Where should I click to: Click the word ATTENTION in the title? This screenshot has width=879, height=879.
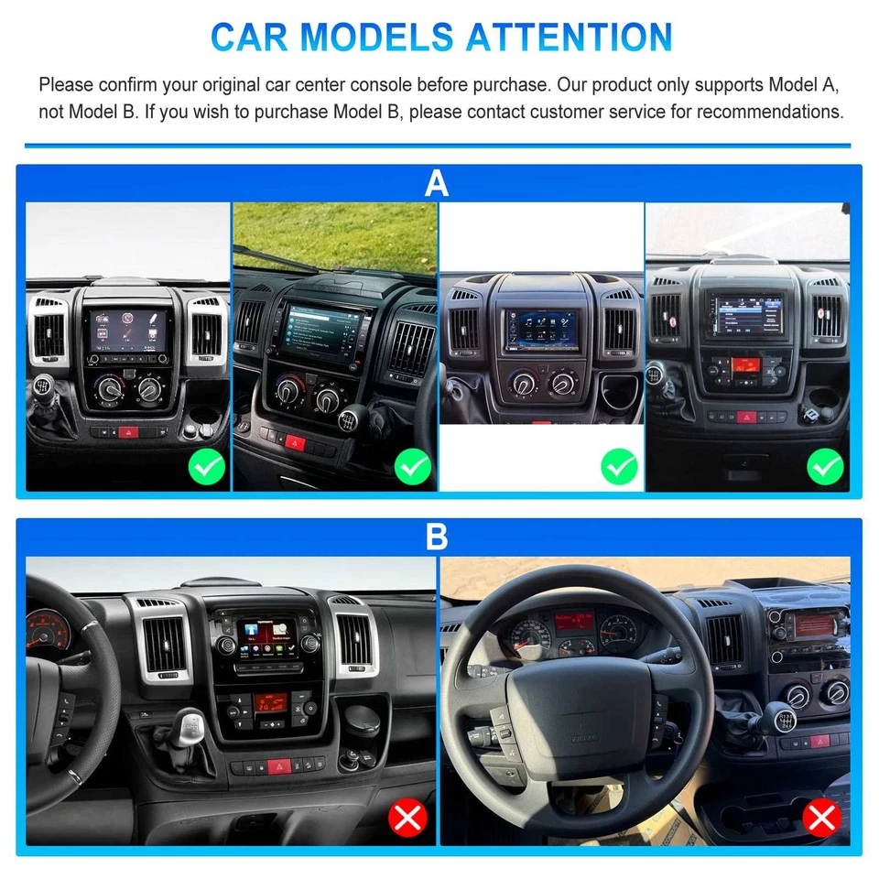[570, 37]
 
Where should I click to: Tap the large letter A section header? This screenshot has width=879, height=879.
[437, 183]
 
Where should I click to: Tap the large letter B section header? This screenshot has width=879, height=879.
[437, 537]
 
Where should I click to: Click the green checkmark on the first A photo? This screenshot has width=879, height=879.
[207, 468]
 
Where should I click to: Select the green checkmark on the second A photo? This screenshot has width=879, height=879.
[413, 468]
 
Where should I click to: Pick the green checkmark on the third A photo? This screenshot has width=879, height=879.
[619, 468]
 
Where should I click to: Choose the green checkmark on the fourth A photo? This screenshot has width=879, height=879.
[825, 468]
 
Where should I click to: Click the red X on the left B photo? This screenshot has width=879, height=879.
[407, 816]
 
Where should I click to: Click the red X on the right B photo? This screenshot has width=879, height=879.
[820, 816]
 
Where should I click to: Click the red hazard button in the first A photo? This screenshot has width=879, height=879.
[127, 430]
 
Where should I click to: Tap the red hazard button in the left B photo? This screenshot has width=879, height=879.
[278, 766]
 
